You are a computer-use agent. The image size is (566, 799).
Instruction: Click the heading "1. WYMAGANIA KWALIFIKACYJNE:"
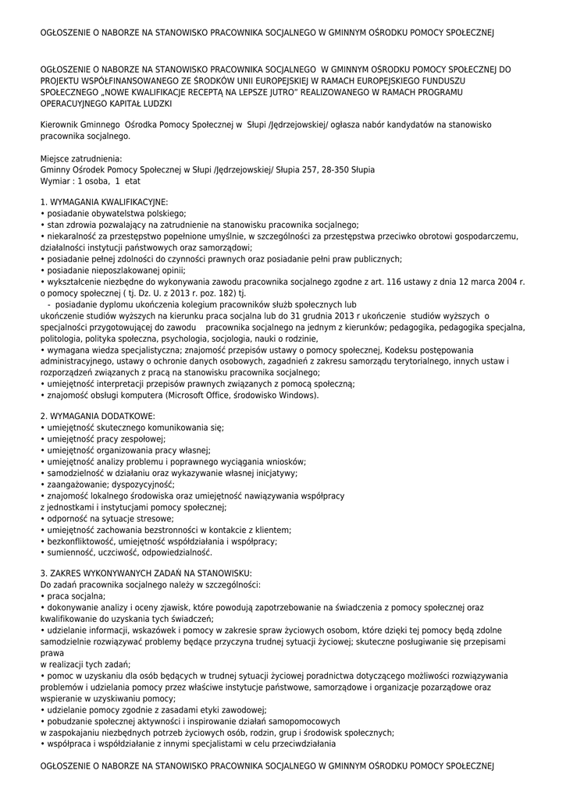tap(104, 201)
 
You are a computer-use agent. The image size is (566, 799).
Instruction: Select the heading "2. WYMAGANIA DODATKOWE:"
tap(98, 416)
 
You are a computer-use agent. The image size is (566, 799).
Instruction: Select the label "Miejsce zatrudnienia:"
tap(81, 158)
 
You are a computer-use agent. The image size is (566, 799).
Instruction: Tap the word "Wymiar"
tap(55, 179)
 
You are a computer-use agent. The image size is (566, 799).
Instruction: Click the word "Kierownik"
tap(60, 124)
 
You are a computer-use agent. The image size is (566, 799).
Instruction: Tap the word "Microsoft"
tap(209, 395)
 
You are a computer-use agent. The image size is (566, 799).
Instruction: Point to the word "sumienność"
tap(69, 552)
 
